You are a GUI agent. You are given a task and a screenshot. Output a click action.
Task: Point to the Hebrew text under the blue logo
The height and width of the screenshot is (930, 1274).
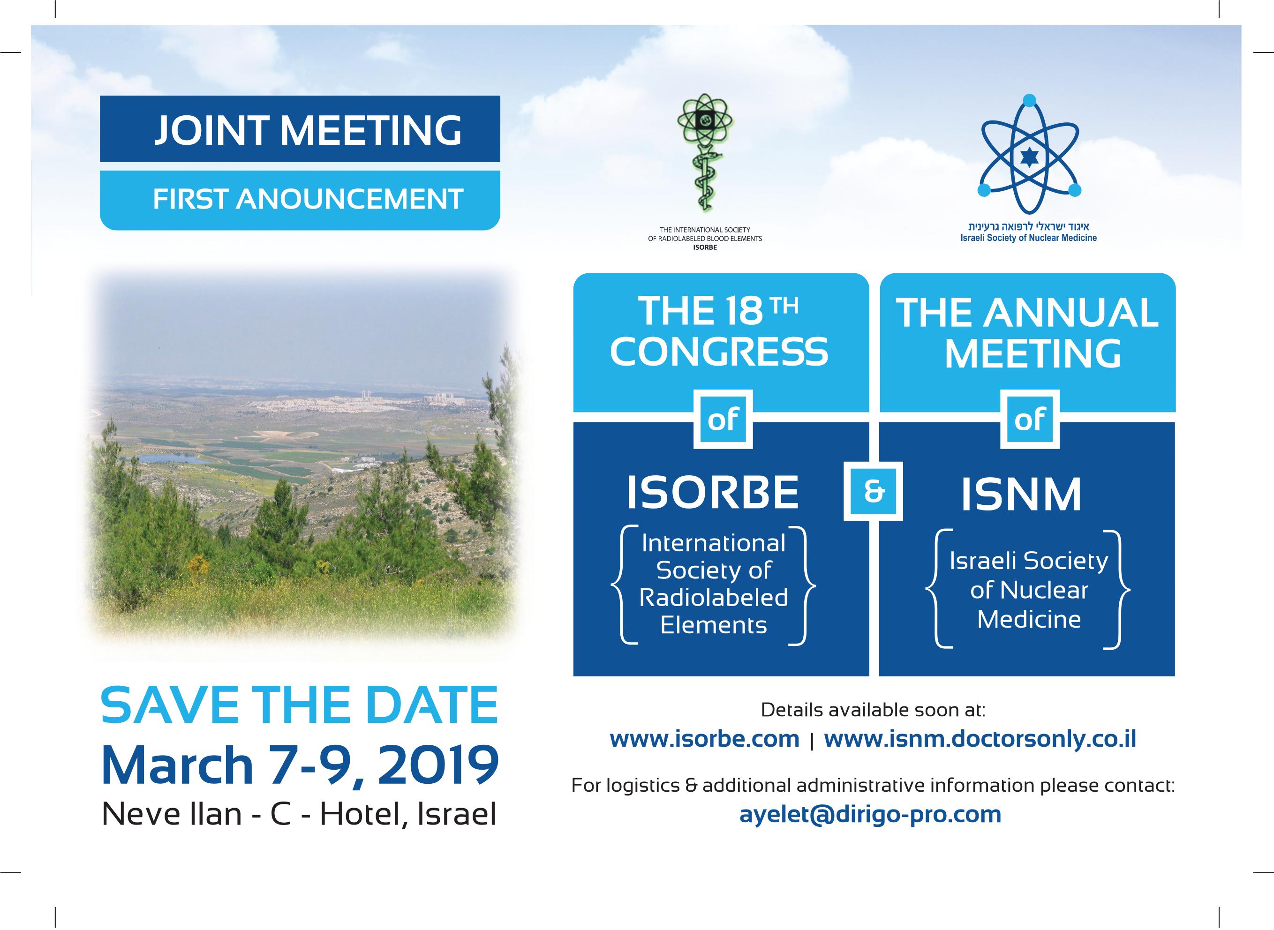pos(1029,227)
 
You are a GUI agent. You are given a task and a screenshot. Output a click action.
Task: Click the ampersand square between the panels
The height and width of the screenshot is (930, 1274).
pos(873,491)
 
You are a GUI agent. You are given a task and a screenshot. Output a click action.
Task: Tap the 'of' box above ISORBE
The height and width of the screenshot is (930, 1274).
pos(723,420)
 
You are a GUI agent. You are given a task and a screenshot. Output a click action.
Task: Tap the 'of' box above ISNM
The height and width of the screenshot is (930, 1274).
pos(1030,420)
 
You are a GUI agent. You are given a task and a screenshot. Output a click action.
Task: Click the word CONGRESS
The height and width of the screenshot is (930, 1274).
pos(719,352)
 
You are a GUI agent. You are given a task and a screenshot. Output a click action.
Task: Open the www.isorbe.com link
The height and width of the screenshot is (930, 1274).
pos(704,739)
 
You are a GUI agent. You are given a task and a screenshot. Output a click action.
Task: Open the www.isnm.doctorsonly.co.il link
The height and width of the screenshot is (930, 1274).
pos(980,739)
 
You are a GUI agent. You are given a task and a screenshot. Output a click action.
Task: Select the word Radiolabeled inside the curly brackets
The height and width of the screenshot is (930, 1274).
pos(713,598)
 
